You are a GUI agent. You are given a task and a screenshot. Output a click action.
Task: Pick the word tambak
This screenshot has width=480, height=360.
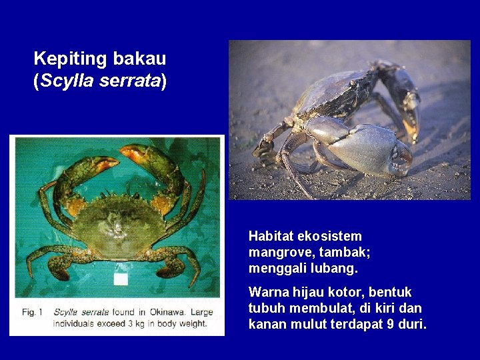pos(344,253)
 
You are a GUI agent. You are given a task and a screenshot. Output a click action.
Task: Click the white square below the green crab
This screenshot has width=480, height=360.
pos(120,279)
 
